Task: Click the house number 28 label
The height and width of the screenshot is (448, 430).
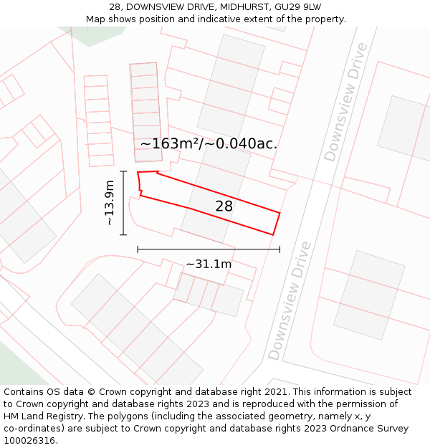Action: coord(224,206)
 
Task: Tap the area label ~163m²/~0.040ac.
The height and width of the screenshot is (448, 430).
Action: coord(209,143)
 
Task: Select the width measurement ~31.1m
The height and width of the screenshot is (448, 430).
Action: coord(209,264)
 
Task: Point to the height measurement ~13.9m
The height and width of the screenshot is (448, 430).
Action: coord(109,203)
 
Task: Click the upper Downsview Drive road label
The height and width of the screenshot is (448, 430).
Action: coord(345,102)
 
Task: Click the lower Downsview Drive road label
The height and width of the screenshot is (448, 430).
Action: coord(290,301)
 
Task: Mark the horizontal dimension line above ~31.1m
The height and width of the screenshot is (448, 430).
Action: coord(209,249)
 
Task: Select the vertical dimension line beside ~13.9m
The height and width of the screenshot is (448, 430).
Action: coord(124,203)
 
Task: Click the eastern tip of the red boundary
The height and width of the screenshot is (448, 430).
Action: coord(279,213)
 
